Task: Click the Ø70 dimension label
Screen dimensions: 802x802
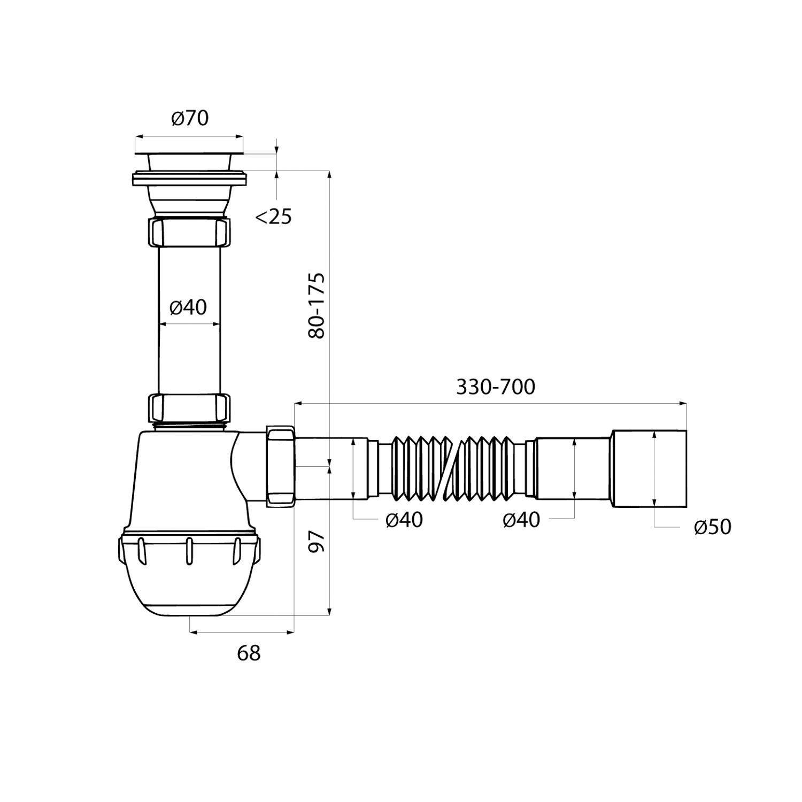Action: pos(190,118)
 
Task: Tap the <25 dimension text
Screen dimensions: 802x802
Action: pos(273,217)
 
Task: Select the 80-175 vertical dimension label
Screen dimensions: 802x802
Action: pos(317,305)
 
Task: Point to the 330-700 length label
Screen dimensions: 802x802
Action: pos(495,387)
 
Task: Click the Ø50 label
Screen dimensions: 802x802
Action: pos(712,527)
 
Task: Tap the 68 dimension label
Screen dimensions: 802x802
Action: pos(249,653)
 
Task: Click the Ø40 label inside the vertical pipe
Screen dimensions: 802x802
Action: pos(188,307)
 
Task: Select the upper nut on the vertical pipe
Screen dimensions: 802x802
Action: pos(189,231)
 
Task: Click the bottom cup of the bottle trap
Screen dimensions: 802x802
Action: pos(189,572)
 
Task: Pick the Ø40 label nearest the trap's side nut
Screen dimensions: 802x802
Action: pos(404,520)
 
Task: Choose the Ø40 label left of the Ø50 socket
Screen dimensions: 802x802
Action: pos(521,520)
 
